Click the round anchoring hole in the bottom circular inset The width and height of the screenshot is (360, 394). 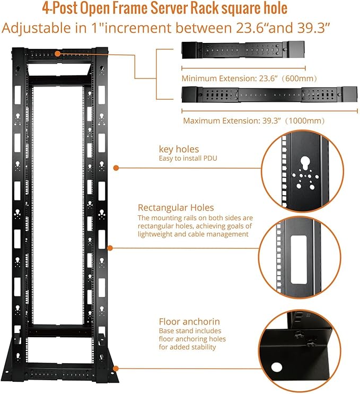[276, 367]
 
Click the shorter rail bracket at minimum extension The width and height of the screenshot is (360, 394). [243, 51]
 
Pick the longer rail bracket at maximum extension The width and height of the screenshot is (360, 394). [269, 95]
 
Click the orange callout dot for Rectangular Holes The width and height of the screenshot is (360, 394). [110, 247]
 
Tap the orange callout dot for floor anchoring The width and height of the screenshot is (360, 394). [115, 367]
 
